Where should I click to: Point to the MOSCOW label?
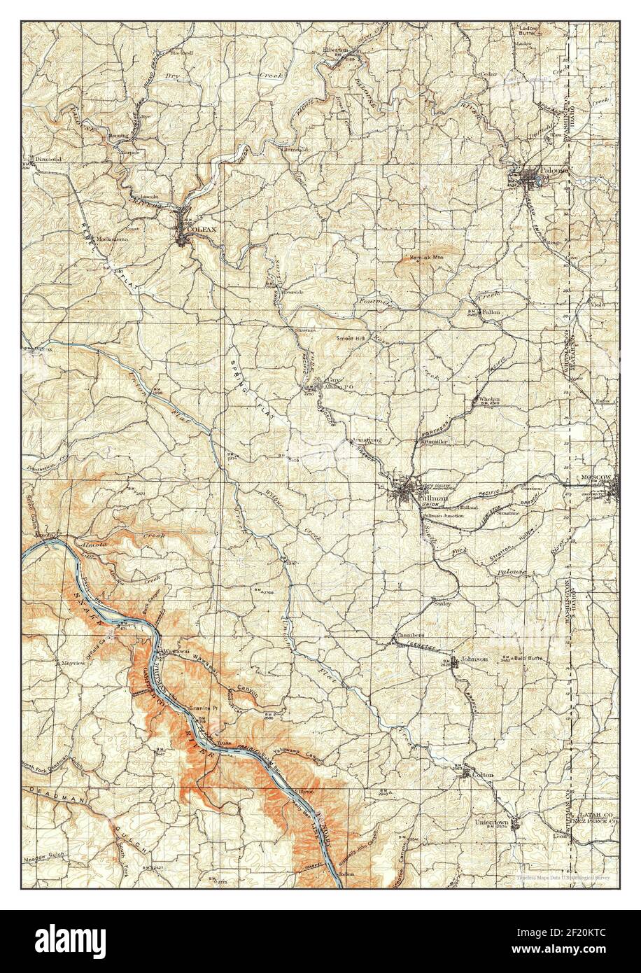(x=596, y=477)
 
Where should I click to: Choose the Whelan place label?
(x=489, y=399)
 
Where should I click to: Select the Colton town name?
(x=483, y=775)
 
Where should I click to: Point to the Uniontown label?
(x=491, y=821)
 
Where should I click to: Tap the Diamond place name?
(x=49, y=160)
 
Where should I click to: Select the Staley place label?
(x=442, y=602)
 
